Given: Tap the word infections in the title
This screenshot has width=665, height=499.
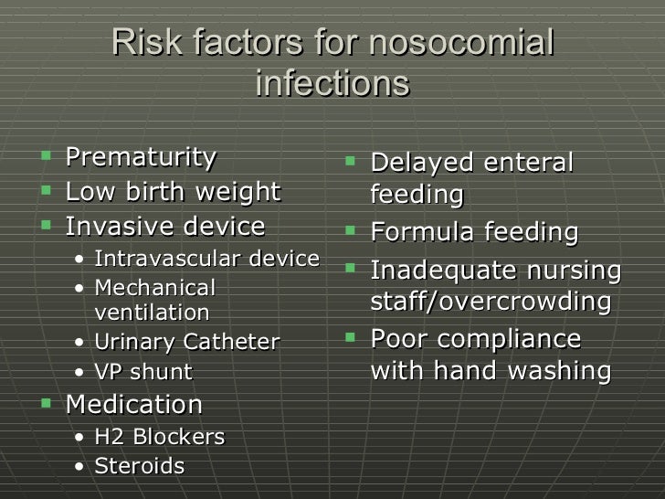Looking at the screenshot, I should (x=332, y=83).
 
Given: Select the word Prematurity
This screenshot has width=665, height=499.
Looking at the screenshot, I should (x=141, y=157).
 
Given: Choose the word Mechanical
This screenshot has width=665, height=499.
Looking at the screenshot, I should (x=154, y=288).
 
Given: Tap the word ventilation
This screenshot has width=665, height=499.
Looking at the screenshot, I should (x=152, y=313).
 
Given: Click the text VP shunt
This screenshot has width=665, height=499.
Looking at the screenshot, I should (x=143, y=372).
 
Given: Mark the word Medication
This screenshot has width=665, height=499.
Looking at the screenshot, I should (x=134, y=404).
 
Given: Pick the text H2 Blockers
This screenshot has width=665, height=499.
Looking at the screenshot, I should (x=159, y=437).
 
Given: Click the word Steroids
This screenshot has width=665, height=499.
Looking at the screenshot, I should (x=139, y=467).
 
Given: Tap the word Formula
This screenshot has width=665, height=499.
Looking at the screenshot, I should (x=423, y=232).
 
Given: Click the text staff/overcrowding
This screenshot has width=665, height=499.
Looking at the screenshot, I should (x=491, y=303).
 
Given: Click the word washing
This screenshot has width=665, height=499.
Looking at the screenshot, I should (x=555, y=371).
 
